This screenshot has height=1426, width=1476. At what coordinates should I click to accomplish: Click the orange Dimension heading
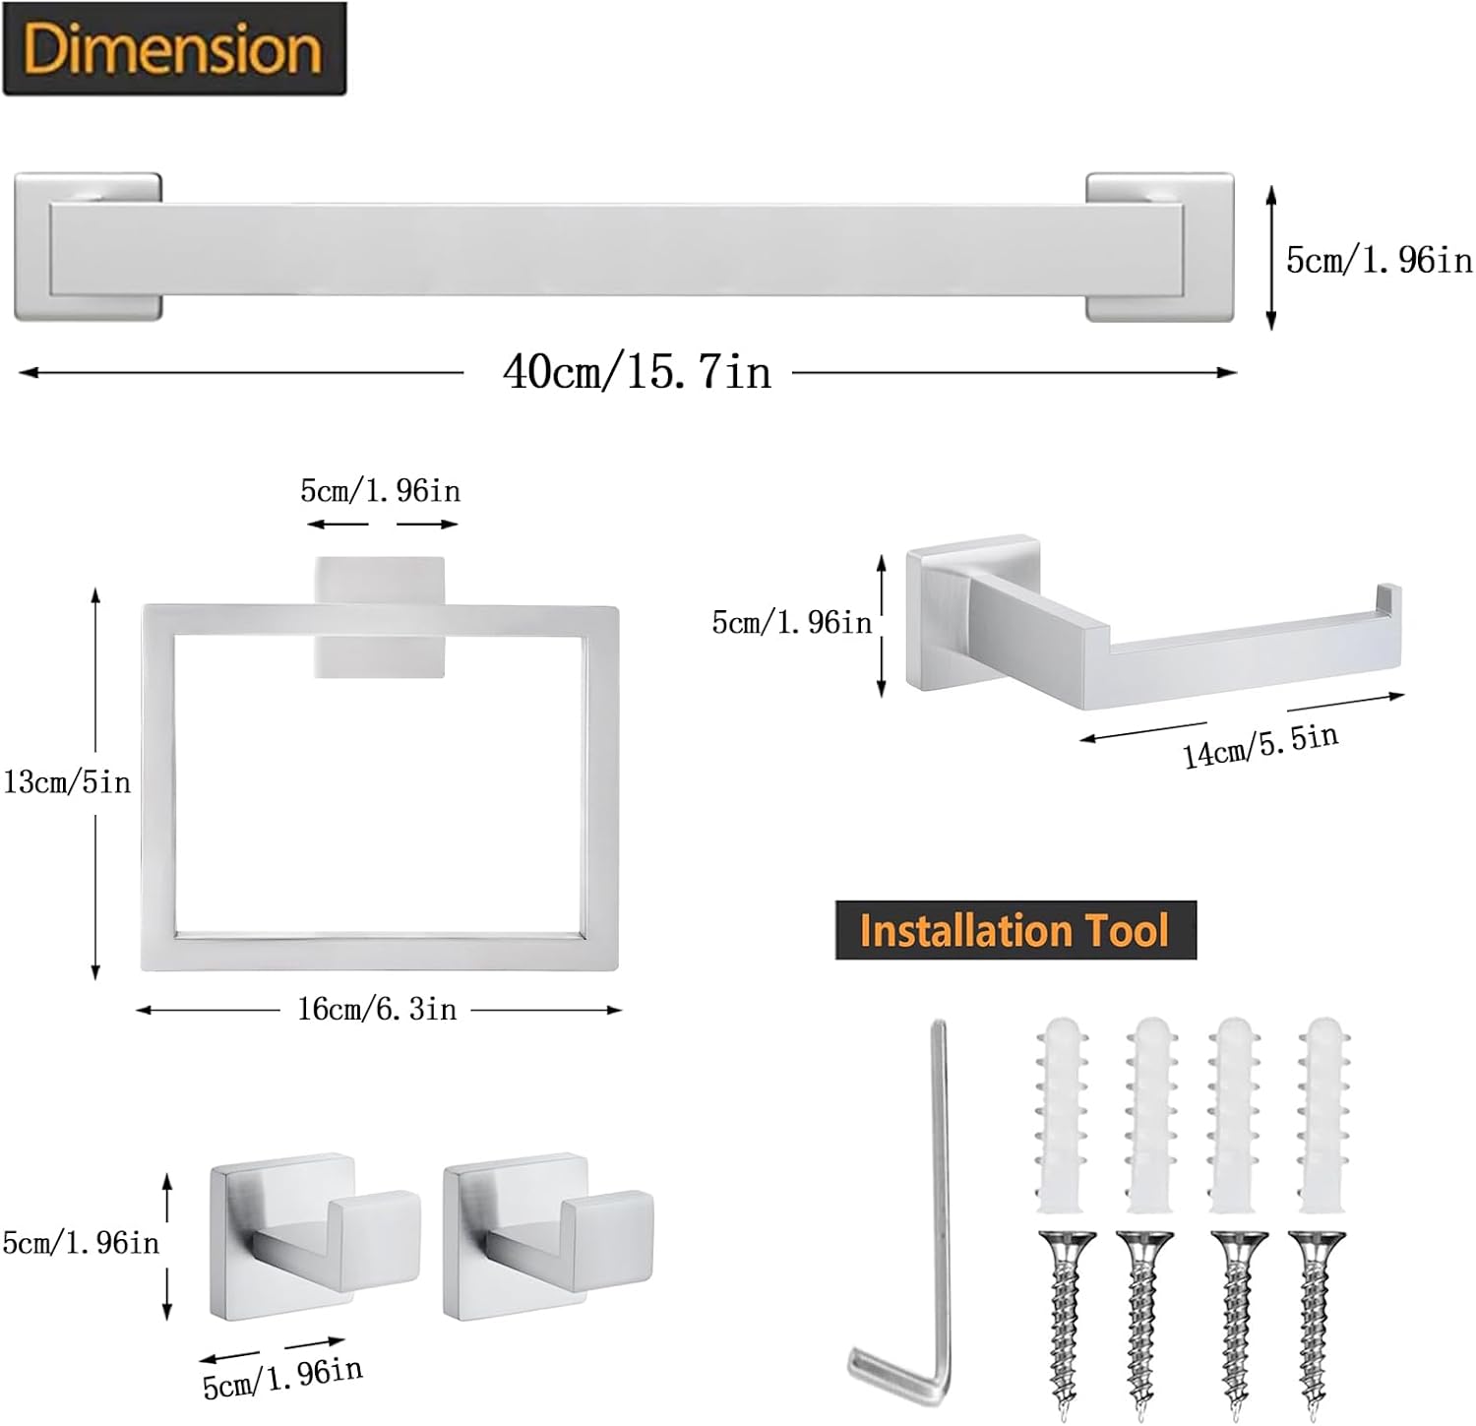(173, 49)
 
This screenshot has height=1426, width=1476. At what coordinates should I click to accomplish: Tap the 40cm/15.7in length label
(637, 372)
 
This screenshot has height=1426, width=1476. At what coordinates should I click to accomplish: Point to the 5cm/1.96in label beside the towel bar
(1379, 260)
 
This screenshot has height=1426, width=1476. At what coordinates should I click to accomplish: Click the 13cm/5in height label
(67, 782)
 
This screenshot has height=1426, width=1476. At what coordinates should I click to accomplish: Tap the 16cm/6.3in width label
(377, 1009)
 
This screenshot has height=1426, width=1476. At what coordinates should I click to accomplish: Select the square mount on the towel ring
(379, 617)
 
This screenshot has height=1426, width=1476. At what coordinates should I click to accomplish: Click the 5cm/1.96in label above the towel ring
(380, 490)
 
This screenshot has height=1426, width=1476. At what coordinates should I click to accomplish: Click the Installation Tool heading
(1015, 930)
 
